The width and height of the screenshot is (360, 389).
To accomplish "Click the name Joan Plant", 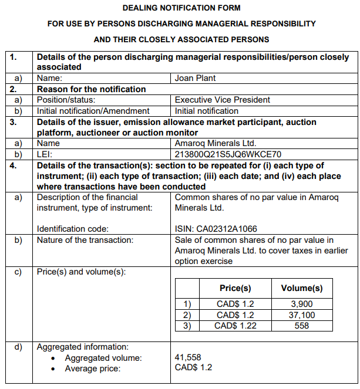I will [193, 77].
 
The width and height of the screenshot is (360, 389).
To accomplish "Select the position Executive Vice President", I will [223, 100].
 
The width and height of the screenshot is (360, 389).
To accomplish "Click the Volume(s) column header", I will [302, 288].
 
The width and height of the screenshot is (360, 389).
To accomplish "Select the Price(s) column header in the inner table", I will [235, 288].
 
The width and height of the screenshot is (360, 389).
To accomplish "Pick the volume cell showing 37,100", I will [302, 315].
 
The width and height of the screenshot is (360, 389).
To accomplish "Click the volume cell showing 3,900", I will [302, 305].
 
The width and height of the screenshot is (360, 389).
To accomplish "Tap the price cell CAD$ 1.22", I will [235, 326].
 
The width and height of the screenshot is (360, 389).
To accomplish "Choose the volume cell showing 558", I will [302, 326].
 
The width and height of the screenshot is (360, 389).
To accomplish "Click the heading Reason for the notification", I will [92, 89].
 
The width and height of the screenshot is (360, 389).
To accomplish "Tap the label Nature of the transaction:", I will [85, 239].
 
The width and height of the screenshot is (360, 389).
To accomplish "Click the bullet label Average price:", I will [92, 368].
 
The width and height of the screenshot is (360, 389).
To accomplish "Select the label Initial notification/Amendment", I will [93, 111].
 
